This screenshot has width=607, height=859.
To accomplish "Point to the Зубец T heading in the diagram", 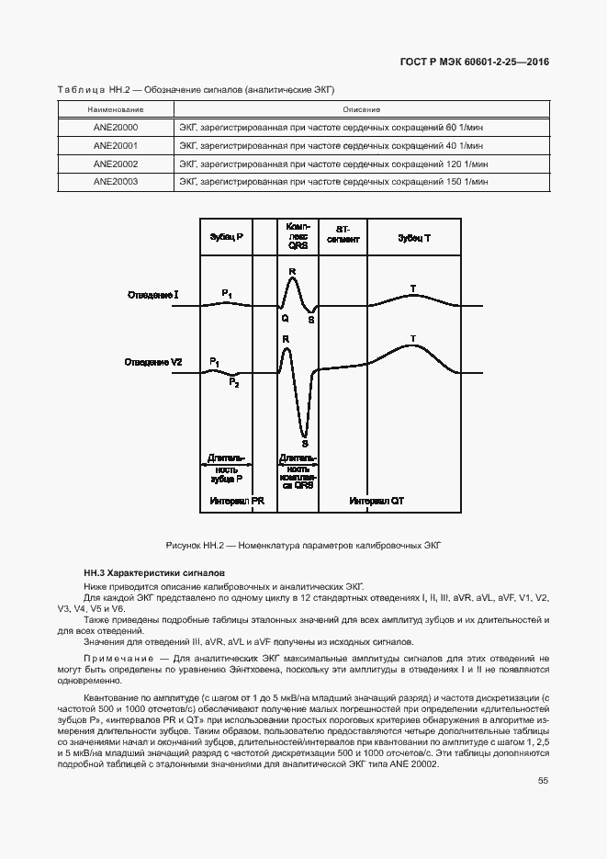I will tap(413, 237).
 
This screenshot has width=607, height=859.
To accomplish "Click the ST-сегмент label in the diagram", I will tap(343, 232).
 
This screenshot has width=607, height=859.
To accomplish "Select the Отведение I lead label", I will tap(152, 295).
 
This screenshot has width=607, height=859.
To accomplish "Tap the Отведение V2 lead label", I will tap(153, 363).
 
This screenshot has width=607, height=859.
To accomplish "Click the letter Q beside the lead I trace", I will tap(285, 318).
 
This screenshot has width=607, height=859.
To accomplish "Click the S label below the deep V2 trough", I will tap(304, 443).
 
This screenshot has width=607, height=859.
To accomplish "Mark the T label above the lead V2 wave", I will tap(413, 339).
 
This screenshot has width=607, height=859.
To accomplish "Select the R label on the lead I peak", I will tap(292, 272).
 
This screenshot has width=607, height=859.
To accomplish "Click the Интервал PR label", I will tap(236, 501).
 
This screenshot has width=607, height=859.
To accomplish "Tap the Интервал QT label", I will tap(377, 501).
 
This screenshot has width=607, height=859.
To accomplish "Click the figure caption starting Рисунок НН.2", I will tap(303, 545).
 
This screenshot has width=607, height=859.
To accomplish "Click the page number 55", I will tap(543, 780).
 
